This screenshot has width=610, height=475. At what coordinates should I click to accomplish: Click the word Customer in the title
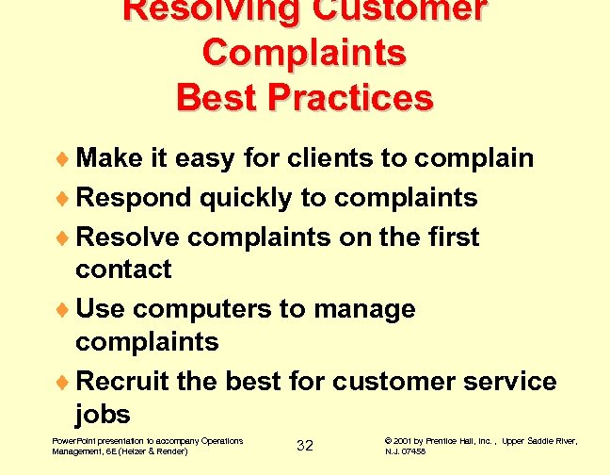tap(385, 9)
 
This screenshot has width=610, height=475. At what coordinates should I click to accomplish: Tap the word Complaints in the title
tap(304, 52)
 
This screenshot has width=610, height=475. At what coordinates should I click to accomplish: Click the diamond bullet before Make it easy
tap(65, 158)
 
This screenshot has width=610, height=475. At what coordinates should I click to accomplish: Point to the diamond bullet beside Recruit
tap(65, 383)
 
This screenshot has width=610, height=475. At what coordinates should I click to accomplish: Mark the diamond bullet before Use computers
tap(65, 310)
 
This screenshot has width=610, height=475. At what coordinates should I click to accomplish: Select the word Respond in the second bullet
tap(134, 198)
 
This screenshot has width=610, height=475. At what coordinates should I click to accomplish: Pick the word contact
tap(123, 270)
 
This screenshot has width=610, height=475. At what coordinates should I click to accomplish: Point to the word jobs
tap(103, 415)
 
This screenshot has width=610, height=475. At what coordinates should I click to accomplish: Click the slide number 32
tap(304, 445)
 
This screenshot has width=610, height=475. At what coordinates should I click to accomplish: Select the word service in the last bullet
tap(512, 381)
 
